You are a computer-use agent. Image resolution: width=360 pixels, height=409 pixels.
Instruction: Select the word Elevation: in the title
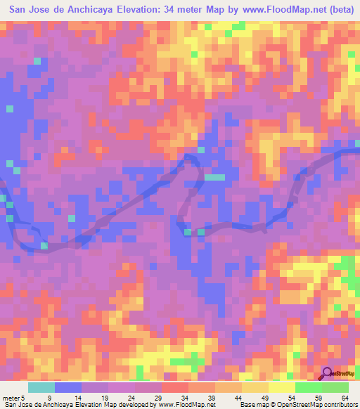[148, 11]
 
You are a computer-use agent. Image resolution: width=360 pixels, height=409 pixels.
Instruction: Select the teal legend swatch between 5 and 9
[41, 388]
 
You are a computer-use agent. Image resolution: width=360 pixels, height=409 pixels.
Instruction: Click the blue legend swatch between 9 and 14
[68, 388]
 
